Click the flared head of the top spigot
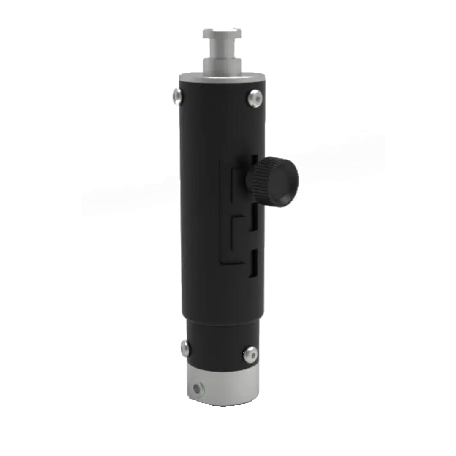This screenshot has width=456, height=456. tap(222, 33)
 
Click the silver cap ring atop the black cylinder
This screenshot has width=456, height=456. tap(222, 79)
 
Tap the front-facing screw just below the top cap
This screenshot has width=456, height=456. tap(255, 98)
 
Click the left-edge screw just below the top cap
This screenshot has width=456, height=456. tap(178, 96)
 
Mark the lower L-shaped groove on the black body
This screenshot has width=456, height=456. tap(235, 241)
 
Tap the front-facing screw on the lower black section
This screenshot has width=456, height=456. tap(250, 354)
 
